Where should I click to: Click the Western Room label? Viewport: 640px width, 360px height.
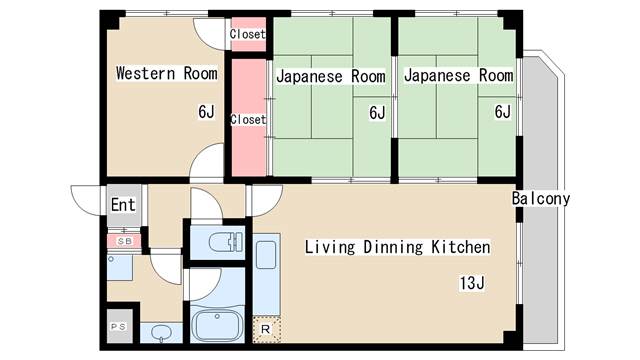(167, 73)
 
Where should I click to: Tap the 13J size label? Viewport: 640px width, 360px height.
(472, 283)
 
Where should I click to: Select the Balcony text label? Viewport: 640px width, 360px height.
(541, 199)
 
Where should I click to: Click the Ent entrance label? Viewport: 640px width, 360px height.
(123, 205)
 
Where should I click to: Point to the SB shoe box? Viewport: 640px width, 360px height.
(124, 241)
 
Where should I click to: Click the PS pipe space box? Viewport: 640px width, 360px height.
(119, 326)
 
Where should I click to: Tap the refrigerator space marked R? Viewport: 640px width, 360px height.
(266, 329)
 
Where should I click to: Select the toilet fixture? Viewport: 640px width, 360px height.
(226, 242)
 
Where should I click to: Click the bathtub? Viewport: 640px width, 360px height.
(217, 324)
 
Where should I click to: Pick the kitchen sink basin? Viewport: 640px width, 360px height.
(266, 255)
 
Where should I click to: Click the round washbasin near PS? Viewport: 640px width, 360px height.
(162, 333)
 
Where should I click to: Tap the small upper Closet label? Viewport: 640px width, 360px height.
(248, 34)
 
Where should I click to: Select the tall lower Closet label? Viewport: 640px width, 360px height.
(248, 119)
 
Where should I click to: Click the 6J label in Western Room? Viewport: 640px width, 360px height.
(206, 112)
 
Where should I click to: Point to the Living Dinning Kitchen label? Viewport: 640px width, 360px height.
(398, 247)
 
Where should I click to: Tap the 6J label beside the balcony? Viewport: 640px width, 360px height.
(502, 111)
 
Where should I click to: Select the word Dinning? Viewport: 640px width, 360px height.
(393, 247)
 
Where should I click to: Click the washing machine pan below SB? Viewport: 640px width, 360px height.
(120, 267)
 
